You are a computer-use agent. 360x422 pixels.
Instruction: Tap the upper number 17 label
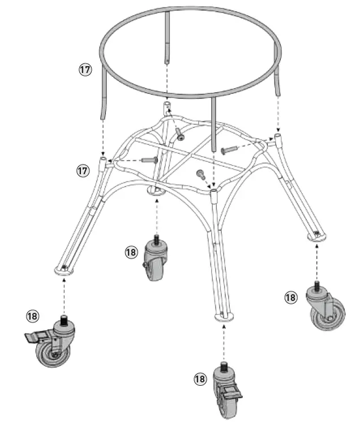(85, 70)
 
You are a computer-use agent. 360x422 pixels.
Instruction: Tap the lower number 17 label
(84, 169)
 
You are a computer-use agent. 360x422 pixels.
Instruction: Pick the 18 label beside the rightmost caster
(291, 296)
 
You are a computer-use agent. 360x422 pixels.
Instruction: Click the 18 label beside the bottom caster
(200, 379)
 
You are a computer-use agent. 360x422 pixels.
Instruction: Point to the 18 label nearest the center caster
(131, 252)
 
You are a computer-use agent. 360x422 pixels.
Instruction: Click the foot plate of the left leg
(65, 270)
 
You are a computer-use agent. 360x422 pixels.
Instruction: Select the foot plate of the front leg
(225, 317)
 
